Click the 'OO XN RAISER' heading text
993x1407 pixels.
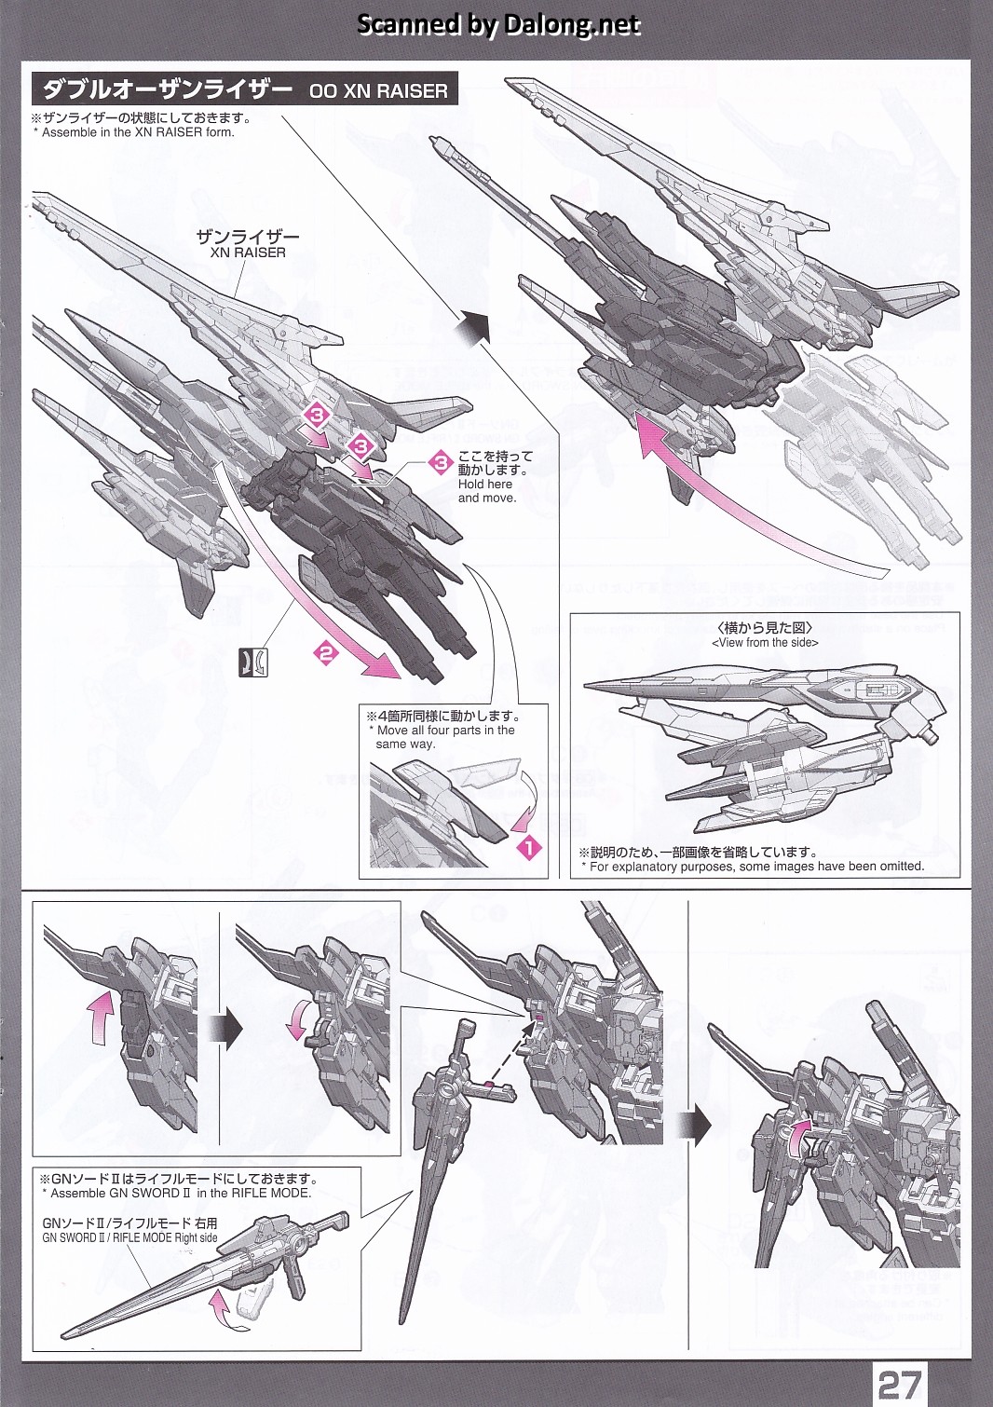378,91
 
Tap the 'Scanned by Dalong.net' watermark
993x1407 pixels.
498,24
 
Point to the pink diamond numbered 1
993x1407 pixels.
528,849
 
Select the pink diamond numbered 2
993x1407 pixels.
325,654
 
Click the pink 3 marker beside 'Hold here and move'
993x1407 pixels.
441,463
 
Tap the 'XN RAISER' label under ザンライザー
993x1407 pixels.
240,253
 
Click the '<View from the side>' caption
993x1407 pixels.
765,643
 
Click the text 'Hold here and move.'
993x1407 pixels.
487,490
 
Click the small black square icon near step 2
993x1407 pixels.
253,663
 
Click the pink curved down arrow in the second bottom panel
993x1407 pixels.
297,1019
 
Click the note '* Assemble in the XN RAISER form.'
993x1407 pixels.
134,132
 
